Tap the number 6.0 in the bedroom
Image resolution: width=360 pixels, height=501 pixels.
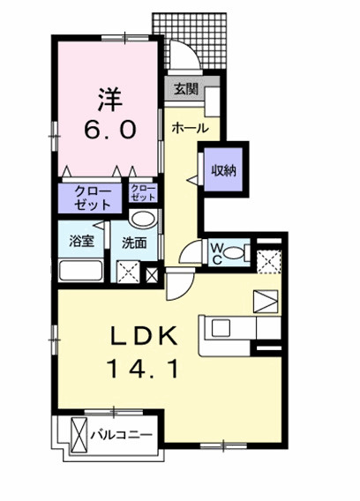109,128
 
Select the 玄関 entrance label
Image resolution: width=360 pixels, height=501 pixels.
184,88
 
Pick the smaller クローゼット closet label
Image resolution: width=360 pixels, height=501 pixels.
143,195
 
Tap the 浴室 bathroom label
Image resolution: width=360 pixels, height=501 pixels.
82,241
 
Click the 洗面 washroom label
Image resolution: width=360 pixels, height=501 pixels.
134,241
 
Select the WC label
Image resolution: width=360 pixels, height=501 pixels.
216,252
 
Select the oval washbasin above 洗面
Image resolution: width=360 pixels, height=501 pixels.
142,221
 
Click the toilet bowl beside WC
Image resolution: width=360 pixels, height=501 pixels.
235,254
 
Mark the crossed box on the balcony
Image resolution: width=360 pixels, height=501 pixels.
79,436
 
